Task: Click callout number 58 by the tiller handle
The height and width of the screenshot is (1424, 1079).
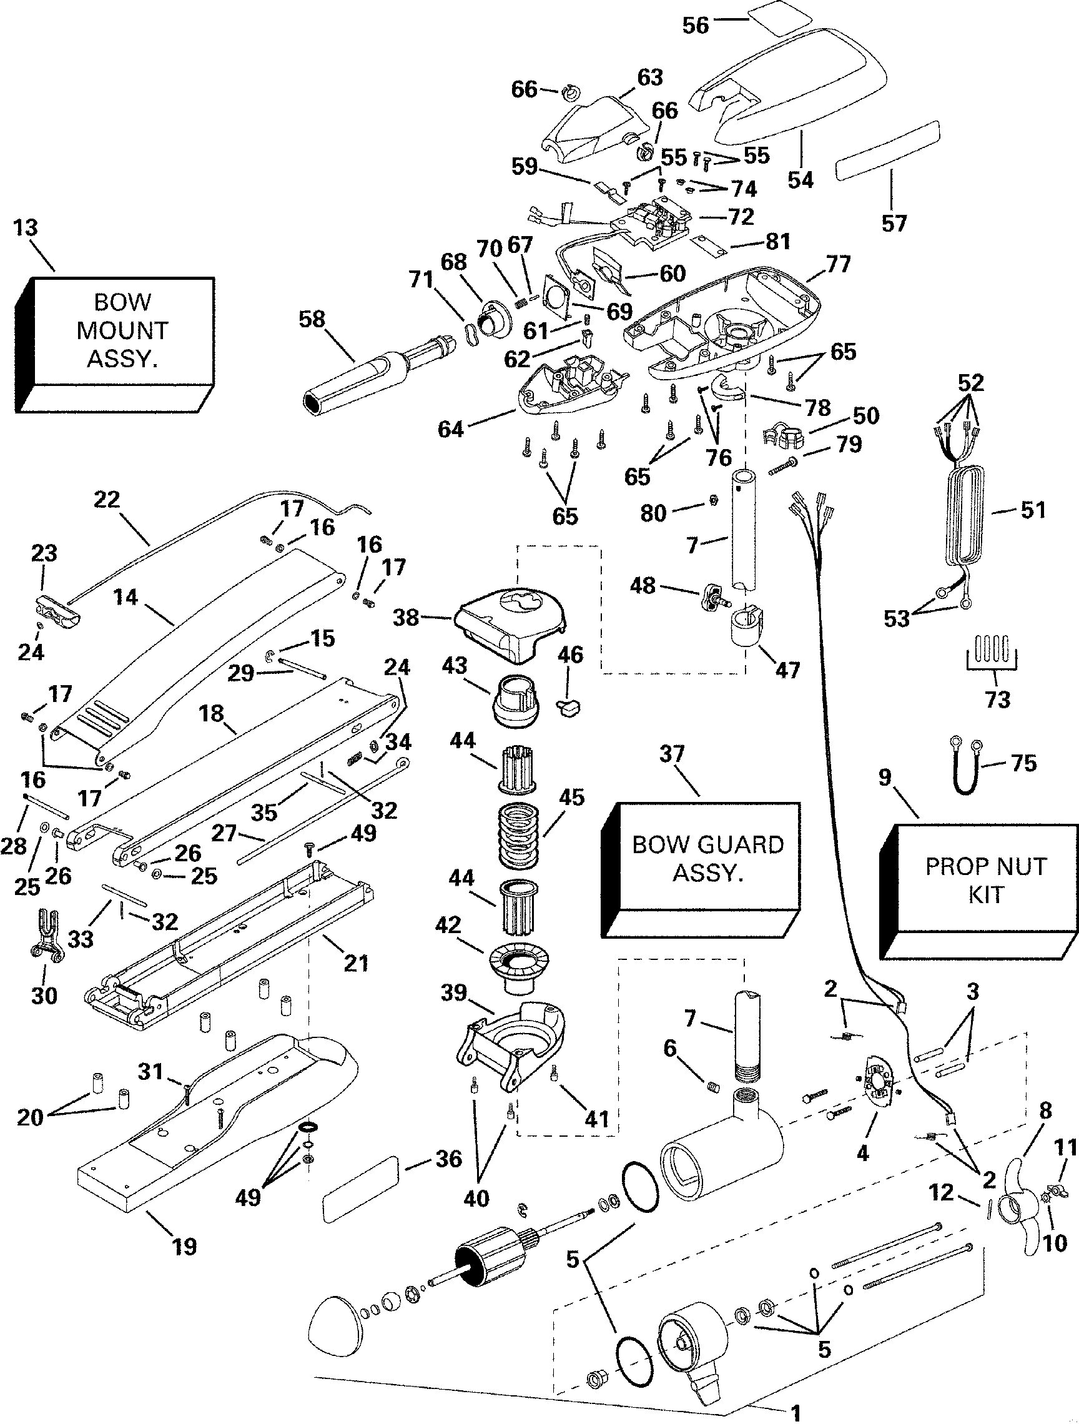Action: click(312, 319)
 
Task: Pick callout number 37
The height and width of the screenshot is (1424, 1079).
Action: click(671, 754)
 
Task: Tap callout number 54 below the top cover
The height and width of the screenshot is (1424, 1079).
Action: click(801, 180)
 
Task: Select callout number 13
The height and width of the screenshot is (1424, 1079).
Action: click(26, 228)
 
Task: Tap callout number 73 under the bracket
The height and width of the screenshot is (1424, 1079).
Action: click(997, 699)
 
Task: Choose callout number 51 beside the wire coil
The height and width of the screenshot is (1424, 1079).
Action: click(1033, 510)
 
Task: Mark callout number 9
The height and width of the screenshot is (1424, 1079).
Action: click(885, 777)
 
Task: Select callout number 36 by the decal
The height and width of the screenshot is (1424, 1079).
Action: click(449, 1159)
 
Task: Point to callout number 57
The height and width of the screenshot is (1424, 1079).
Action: click(894, 224)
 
